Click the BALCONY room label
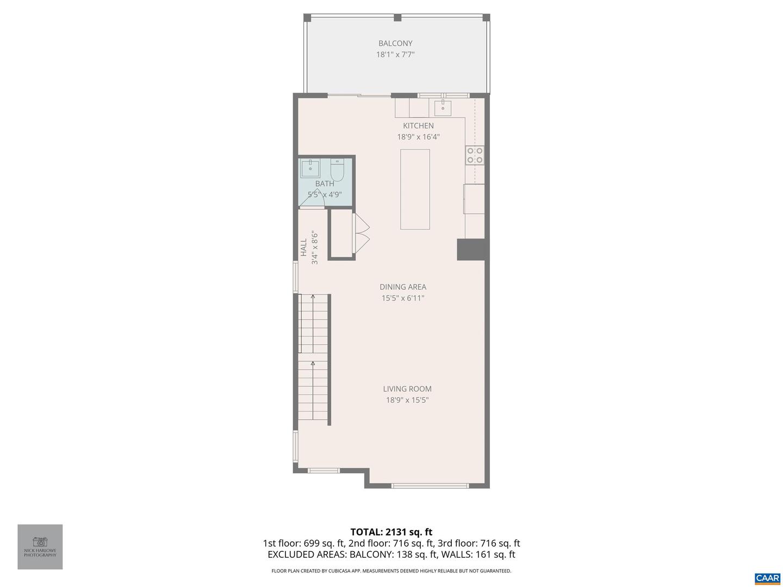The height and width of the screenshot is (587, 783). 395,43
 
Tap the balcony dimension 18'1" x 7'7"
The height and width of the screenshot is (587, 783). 395,54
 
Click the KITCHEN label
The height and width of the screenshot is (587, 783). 418,126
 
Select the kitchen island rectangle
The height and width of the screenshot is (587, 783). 415,189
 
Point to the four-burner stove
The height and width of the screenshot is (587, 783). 474,155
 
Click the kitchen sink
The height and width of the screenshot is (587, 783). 443,107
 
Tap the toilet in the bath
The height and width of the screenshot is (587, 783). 337,170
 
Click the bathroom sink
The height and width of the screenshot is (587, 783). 310,168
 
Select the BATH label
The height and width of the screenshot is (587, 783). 325,184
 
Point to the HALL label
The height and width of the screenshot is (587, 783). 304,247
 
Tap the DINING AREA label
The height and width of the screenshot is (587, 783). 402,287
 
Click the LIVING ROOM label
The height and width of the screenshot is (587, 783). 407,389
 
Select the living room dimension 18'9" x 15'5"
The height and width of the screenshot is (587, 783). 407,400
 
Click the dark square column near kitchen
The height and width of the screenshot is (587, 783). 470,249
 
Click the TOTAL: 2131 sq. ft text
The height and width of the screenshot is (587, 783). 391,532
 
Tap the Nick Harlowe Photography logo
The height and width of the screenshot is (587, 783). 40,546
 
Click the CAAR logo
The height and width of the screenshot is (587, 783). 767,578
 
